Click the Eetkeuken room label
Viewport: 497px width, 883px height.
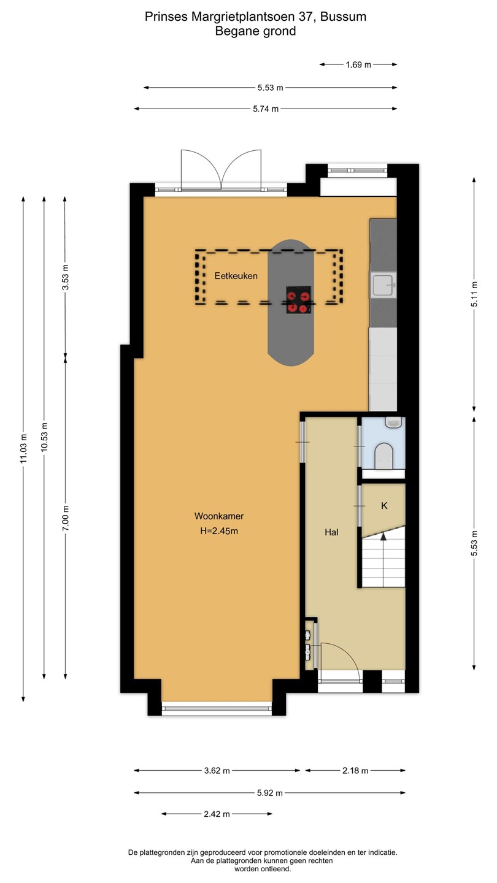236,276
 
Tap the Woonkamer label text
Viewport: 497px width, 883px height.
219,516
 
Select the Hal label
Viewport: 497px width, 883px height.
331,532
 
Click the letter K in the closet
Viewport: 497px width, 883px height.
384,506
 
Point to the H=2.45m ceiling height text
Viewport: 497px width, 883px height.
219,531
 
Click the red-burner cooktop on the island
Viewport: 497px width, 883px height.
299,300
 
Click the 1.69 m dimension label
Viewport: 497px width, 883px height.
358,64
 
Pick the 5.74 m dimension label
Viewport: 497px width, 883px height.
266,109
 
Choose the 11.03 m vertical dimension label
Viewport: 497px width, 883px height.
24,448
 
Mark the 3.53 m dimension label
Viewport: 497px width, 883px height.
66,277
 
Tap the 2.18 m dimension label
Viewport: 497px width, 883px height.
355,771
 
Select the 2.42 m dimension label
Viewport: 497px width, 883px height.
217,814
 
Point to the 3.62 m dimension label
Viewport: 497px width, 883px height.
217,771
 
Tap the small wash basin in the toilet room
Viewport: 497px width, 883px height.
393,422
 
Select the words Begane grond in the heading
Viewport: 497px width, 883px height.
256,31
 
